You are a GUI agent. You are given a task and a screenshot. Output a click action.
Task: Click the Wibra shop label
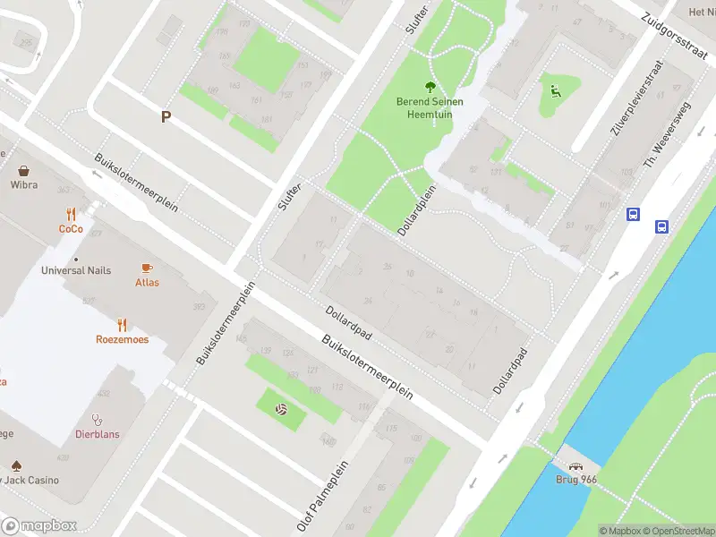click(23, 185)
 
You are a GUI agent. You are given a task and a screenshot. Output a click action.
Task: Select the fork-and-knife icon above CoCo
click(71, 214)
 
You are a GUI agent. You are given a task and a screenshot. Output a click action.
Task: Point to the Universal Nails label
click(76, 270)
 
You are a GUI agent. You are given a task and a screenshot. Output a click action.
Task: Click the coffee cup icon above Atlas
click(148, 268)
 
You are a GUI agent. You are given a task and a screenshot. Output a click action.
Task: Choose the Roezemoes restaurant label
click(122, 339)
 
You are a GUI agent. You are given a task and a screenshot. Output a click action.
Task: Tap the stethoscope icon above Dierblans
click(97, 418)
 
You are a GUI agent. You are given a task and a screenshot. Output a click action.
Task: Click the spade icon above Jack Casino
click(16, 465)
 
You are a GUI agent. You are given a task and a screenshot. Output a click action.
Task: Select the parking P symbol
click(166, 117)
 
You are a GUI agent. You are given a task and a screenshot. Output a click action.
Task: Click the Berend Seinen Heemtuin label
click(430, 108)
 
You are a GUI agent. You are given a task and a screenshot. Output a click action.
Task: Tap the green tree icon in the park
click(430, 87)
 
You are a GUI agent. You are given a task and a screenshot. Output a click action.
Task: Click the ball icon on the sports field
click(281, 410)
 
